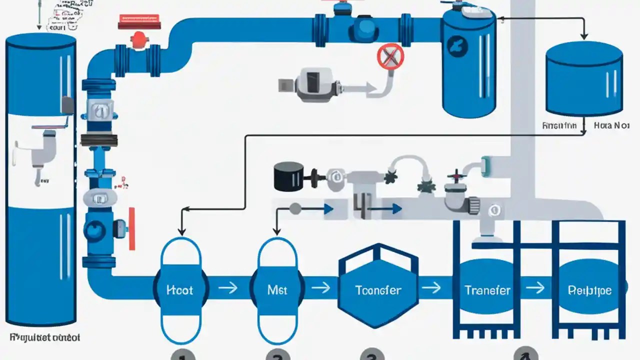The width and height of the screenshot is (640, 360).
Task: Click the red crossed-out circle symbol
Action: pyautogui.click(x=390, y=56)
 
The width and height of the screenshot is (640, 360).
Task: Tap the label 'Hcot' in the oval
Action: pyautogui.click(x=180, y=290)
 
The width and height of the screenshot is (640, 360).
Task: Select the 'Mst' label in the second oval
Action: pyautogui.click(x=277, y=290)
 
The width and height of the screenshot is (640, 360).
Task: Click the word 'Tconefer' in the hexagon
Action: pyautogui.click(x=378, y=290)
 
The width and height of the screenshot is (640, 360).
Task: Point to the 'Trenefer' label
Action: pyautogui.click(x=487, y=290)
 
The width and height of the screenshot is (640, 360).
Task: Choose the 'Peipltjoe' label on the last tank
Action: pyautogui.click(x=590, y=290)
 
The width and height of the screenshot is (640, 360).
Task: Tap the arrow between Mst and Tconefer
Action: pyautogui.click(x=320, y=288)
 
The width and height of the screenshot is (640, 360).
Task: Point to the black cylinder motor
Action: pyautogui.click(x=288, y=175)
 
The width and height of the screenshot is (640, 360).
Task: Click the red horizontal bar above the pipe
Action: pyautogui.click(x=139, y=22)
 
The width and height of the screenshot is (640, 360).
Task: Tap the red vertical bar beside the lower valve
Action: pyautogui.click(x=132, y=227)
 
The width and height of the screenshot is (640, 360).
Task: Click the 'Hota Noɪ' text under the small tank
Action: pyautogui.click(x=611, y=126)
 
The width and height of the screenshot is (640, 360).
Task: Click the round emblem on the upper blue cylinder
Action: pyautogui.click(x=459, y=46)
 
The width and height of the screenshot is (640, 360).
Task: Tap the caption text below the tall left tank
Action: pyautogui.click(x=44, y=337)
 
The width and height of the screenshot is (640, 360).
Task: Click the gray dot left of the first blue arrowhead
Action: pyautogui.click(x=295, y=208)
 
